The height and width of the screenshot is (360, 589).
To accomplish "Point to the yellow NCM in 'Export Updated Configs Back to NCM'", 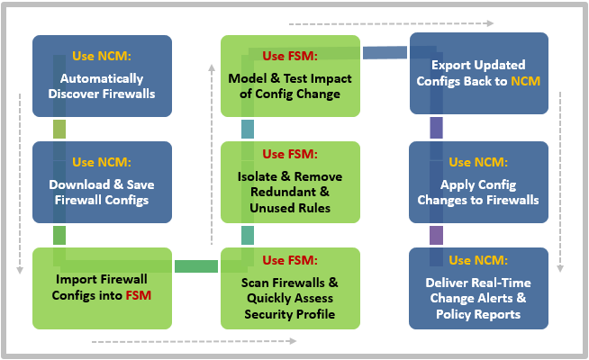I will coord(525,81).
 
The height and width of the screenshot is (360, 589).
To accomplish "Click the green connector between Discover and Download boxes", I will coord(59,129).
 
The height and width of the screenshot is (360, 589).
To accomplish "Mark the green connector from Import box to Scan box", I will coord(196,266).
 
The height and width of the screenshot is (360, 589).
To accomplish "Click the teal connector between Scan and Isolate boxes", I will coord(248,235).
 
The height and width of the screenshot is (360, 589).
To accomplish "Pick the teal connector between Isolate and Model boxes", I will coord(248,129).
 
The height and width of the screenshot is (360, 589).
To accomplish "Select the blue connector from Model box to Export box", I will coord(385,54).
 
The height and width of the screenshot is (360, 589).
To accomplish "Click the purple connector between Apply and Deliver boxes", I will coord(436,235).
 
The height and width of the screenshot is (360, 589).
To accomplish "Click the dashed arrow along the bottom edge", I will coord(193,341).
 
